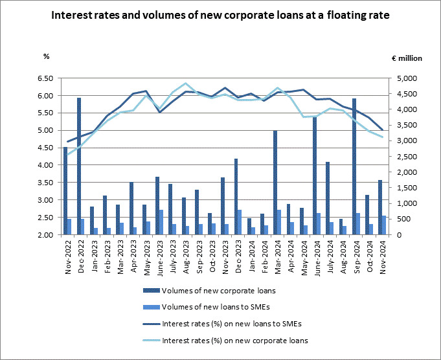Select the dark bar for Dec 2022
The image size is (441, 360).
(x=78, y=166)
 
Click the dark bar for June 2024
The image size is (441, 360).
(x=315, y=175)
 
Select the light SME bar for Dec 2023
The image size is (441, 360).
(x=240, y=222)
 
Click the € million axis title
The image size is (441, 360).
(x=407, y=58)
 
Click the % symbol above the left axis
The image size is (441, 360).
(x=46, y=56)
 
